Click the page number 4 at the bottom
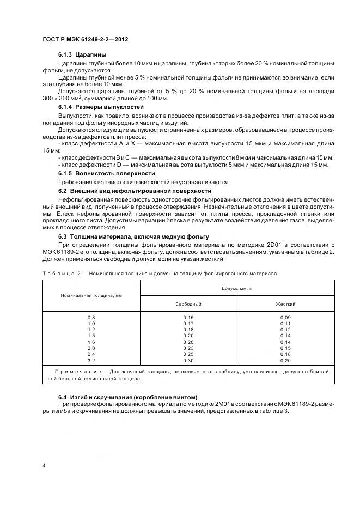[x=44, y=466]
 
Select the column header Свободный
[x=188, y=303]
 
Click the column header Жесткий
[x=285, y=303]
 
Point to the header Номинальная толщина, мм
[x=91, y=295]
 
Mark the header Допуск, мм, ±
[x=236, y=287]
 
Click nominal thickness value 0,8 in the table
[x=91, y=317]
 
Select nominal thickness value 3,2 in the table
[x=91, y=360]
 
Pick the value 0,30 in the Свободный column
[x=188, y=360]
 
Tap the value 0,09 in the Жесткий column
[x=285, y=317]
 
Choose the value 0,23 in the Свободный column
[x=188, y=348]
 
